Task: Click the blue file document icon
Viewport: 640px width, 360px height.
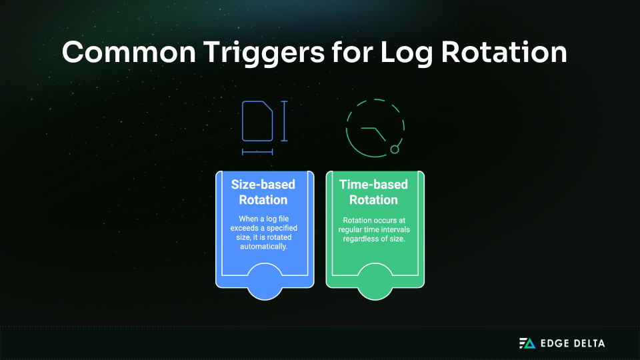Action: click(257, 121)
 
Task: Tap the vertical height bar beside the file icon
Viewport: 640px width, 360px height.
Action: click(284, 121)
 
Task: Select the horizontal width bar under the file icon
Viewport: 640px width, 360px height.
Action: click(257, 152)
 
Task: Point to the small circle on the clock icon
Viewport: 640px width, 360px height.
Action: click(395, 149)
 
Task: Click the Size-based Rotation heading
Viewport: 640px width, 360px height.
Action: click(263, 191)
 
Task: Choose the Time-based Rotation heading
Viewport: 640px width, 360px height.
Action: click(373, 191)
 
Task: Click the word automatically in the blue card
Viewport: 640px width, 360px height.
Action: click(263, 247)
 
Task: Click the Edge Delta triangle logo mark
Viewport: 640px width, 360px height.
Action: click(527, 343)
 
